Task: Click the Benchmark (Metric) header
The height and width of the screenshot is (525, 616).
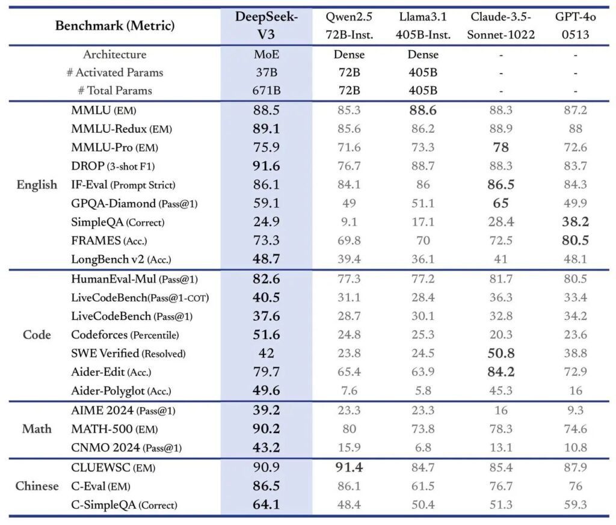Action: (115, 26)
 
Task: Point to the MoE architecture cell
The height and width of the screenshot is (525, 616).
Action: (266, 55)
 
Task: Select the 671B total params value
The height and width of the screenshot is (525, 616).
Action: (266, 91)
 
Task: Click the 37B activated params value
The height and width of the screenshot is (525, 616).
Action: (266, 73)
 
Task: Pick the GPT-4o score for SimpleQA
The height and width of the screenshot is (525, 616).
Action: (575, 222)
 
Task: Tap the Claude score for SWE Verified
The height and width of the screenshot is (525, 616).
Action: (500, 353)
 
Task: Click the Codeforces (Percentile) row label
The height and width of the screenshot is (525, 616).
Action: (125, 334)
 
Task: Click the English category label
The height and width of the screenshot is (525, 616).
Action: (37, 185)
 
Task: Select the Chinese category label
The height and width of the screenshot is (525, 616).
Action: (37, 486)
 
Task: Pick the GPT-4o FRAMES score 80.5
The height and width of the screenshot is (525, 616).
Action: (575, 241)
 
